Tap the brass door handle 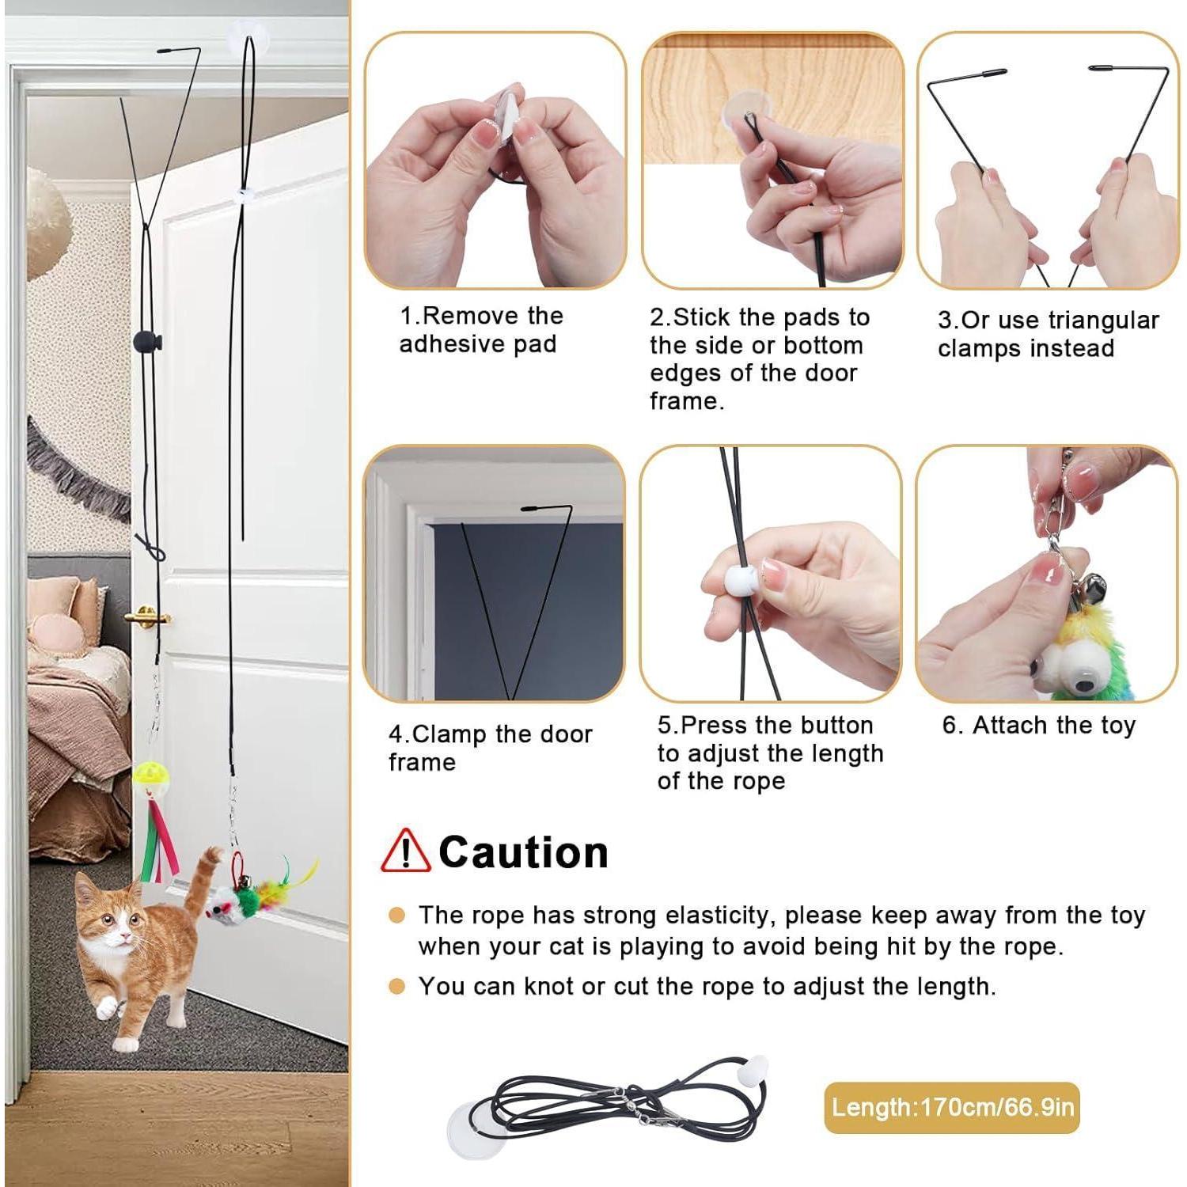[x=147, y=615]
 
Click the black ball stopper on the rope [x=148, y=341]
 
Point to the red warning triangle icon [x=406, y=850]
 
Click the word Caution [x=523, y=852]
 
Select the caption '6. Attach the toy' [x=1038, y=725]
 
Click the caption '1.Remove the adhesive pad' [x=481, y=330]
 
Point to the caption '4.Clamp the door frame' [x=490, y=748]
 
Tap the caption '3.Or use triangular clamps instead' [x=1048, y=334]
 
